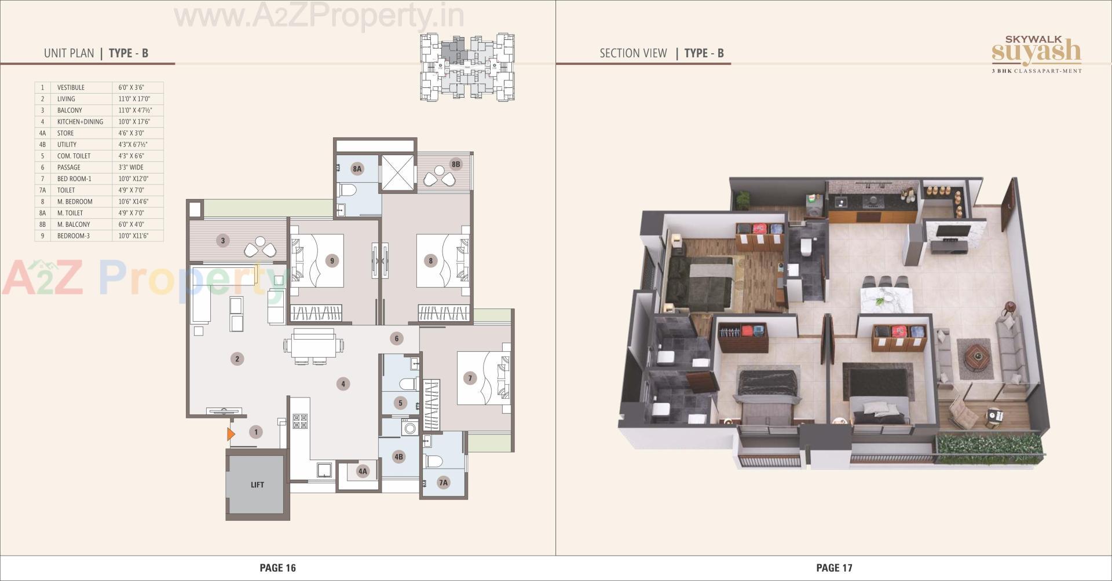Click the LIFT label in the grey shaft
pyautogui.click(x=257, y=485)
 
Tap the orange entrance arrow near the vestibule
pyautogui.click(x=231, y=433)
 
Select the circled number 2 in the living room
pyautogui.click(x=237, y=359)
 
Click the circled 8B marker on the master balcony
pyautogui.click(x=456, y=164)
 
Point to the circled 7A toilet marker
pyautogui.click(x=443, y=482)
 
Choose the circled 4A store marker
pyautogui.click(x=363, y=471)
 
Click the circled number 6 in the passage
pyautogui.click(x=397, y=339)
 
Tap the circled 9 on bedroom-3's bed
pyautogui.click(x=332, y=260)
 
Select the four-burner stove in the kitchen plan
pyautogui.click(x=300, y=421)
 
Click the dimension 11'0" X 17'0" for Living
pyautogui.click(x=134, y=99)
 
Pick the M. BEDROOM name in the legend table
pyautogui.click(x=75, y=201)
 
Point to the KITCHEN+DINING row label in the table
pyautogui.click(x=80, y=122)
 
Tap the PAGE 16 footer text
pyautogui.click(x=277, y=568)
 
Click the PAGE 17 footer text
pyautogui.click(x=834, y=568)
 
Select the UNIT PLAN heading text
pyautogui.click(x=69, y=53)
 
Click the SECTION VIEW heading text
pyautogui.click(x=633, y=53)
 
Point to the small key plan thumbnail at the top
pyautogui.click(x=467, y=67)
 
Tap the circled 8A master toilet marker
pyautogui.click(x=357, y=169)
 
